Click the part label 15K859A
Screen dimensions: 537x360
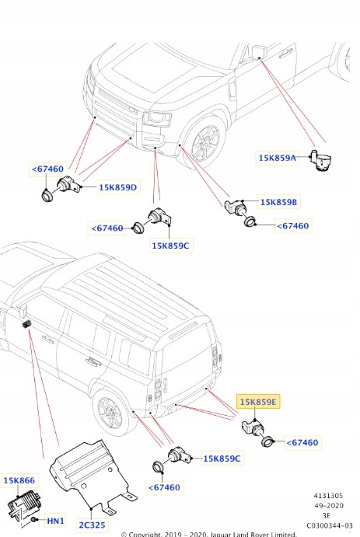(278, 158)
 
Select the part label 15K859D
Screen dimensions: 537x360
(118, 187)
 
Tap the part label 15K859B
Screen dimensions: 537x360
(279, 202)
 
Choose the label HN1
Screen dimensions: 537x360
(55, 520)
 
